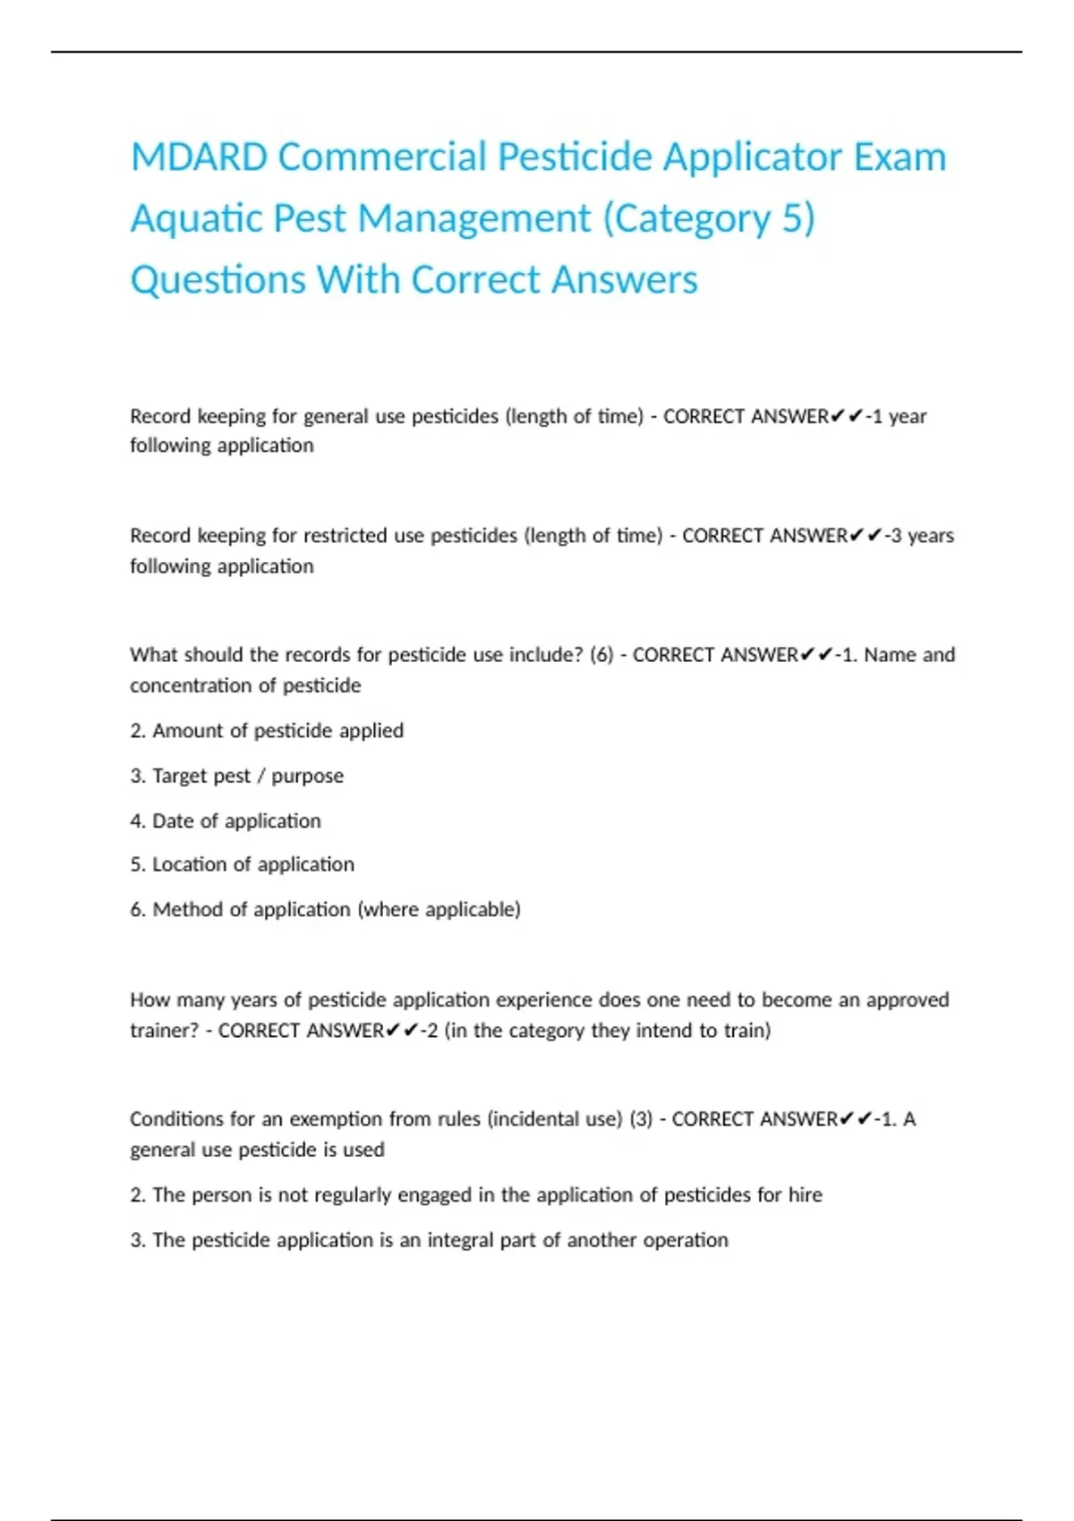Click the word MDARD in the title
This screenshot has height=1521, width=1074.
(199, 157)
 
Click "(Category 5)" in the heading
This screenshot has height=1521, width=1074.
(709, 219)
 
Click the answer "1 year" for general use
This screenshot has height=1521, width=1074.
(899, 416)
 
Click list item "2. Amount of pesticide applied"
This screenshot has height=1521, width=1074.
(267, 730)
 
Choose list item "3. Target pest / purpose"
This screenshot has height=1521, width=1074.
(236, 776)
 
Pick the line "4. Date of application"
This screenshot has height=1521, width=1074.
(225, 820)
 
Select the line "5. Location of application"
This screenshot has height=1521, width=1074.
(242, 864)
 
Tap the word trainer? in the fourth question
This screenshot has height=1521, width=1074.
(164, 1031)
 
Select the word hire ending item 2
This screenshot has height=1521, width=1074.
(805, 1194)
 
